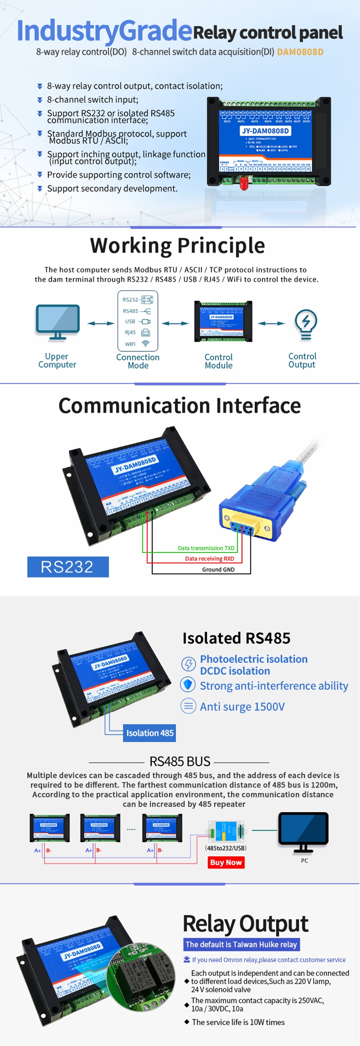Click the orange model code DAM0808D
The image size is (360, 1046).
[300, 52]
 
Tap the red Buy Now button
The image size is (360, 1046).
[227, 862]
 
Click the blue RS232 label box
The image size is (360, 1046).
[68, 567]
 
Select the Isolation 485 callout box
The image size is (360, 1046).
[150, 733]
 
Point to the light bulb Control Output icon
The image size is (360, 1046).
[306, 325]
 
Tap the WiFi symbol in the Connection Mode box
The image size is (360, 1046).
[146, 344]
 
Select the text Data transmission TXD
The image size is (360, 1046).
[206, 548]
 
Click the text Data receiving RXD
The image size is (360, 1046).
[209, 559]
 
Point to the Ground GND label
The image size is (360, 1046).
[218, 570]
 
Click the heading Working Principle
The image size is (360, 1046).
[177, 245]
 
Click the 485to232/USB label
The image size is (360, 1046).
[226, 848]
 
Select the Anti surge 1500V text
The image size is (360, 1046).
[242, 707]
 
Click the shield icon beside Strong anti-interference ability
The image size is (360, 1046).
[188, 685]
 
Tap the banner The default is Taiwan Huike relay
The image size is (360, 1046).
[241, 944]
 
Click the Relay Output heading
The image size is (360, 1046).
[245, 923]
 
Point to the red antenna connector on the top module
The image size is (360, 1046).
[243, 183]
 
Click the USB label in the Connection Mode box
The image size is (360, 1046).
[130, 322]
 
